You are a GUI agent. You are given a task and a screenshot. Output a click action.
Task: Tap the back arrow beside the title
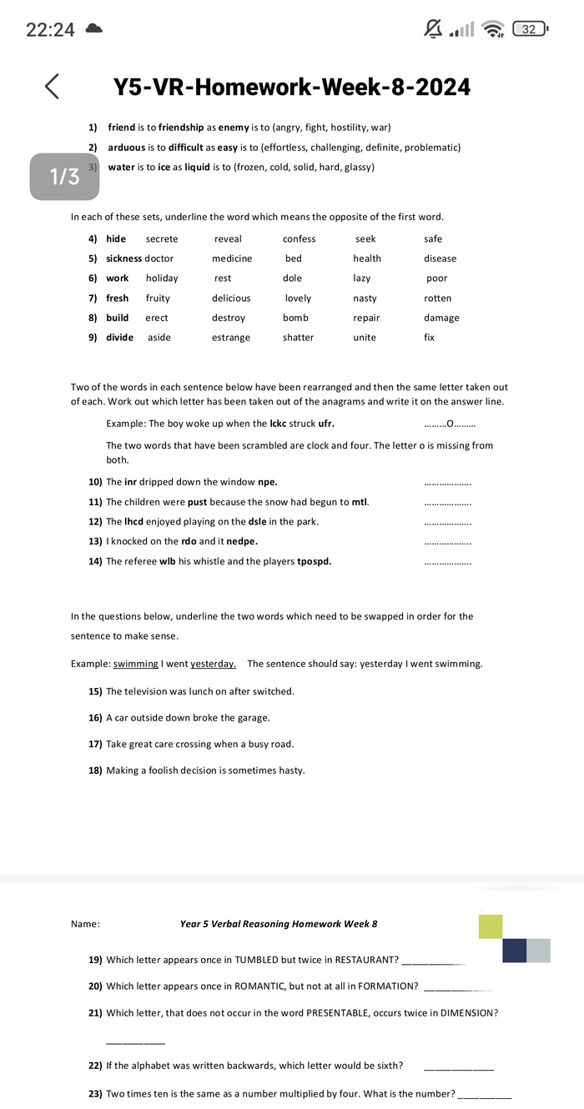[52, 86]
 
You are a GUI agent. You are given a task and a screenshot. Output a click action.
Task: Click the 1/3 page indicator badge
[65, 176]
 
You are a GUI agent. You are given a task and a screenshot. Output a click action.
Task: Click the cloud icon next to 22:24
[93, 29]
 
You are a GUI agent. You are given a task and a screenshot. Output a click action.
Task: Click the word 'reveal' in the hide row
[228, 239]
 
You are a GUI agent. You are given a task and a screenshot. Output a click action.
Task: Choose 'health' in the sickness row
[367, 258]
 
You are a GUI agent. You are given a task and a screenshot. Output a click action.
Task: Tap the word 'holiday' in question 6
[162, 279]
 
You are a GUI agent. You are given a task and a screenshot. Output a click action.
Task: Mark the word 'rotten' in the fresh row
[437, 299]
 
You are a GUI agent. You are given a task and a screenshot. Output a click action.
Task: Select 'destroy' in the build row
[229, 318]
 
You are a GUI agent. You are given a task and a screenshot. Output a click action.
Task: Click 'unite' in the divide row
[365, 338]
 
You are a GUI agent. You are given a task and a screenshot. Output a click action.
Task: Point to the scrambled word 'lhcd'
[133, 522]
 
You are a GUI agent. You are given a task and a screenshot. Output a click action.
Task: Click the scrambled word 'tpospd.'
[315, 561]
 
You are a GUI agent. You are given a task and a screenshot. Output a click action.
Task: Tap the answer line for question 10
[448, 483]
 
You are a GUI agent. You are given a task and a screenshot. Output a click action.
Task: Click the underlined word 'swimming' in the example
[136, 664]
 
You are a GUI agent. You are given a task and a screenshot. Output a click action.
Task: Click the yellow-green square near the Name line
[491, 926]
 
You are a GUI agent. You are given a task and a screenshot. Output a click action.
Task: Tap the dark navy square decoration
[514, 951]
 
